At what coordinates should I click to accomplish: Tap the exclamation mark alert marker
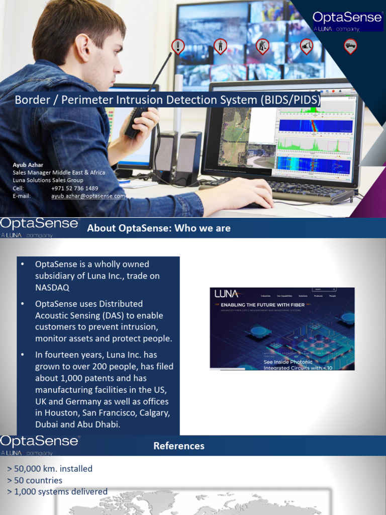177,46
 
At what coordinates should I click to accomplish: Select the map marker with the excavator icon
307,46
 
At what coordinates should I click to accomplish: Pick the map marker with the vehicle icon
350,46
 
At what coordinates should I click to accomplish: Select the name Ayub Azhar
28,164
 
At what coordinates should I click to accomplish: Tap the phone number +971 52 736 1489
75,188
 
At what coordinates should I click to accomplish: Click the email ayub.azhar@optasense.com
88,196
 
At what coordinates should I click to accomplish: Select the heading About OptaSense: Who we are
159,228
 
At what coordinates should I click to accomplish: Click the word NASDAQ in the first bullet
52,288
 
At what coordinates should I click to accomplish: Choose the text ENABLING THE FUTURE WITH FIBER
263,305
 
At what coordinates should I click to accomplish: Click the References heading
179,446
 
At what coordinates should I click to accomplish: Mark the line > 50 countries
35,480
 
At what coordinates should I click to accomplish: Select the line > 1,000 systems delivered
57,491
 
